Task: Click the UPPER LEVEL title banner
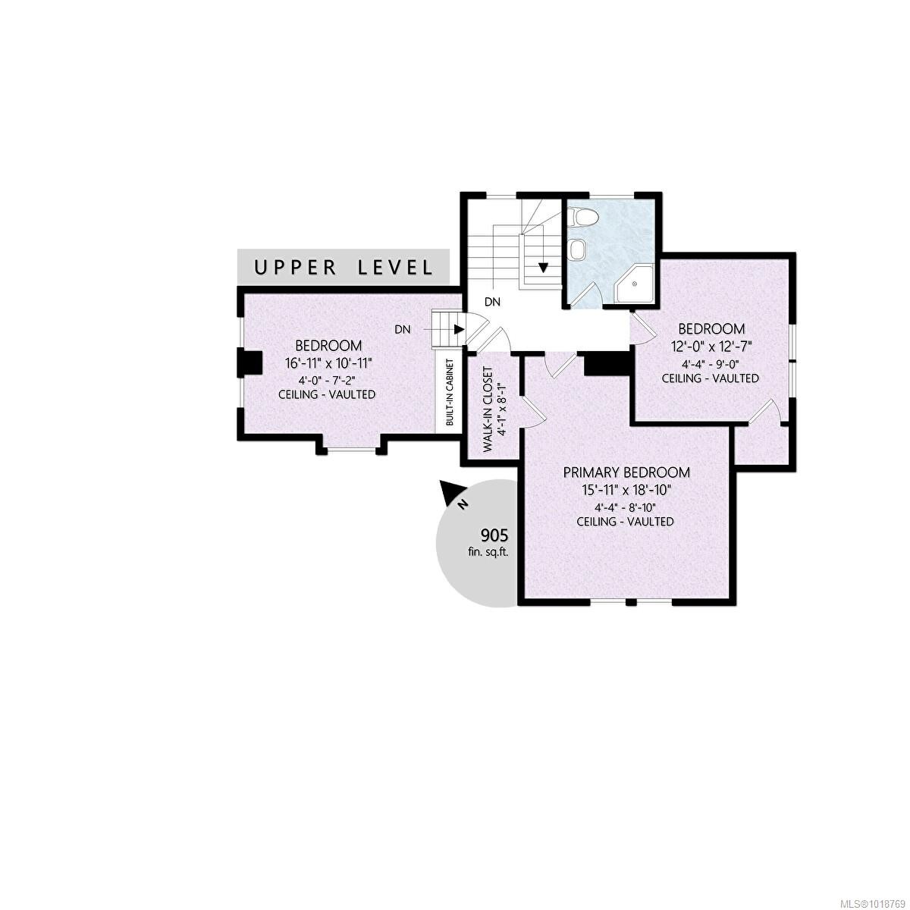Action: [344, 267]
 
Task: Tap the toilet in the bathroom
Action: [584, 218]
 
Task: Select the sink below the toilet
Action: [578, 249]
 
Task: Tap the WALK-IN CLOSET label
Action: [487, 409]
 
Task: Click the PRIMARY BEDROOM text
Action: [626, 472]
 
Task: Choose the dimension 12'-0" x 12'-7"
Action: [711, 346]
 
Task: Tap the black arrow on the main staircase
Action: [544, 267]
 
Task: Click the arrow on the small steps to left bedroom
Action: [458, 330]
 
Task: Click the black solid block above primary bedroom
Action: [607, 364]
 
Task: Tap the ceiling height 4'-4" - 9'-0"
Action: [711, 362]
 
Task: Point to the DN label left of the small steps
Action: [403, 330]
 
